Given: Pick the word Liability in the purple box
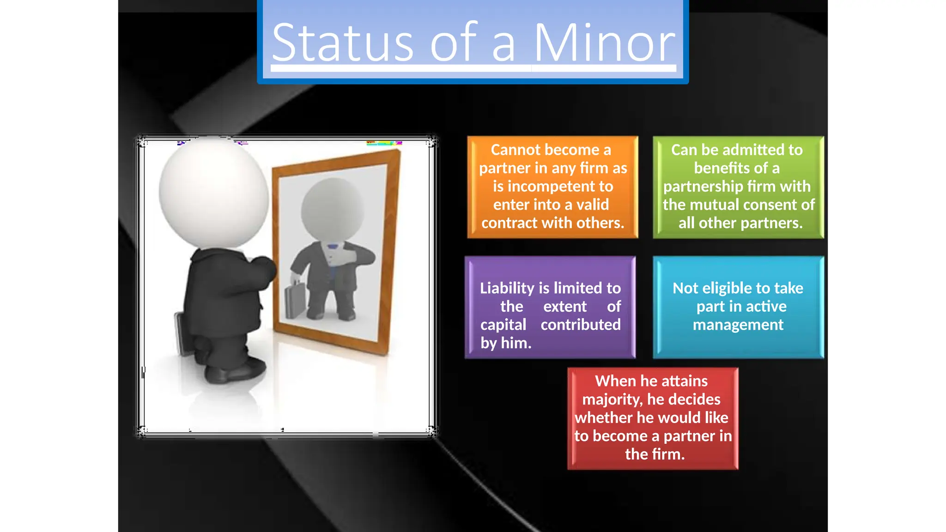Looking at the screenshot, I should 507,288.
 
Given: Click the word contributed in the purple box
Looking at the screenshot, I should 581,325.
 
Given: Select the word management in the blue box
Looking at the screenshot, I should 738,325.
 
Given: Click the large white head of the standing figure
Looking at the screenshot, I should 214,192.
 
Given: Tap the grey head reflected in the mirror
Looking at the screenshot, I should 332,210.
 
